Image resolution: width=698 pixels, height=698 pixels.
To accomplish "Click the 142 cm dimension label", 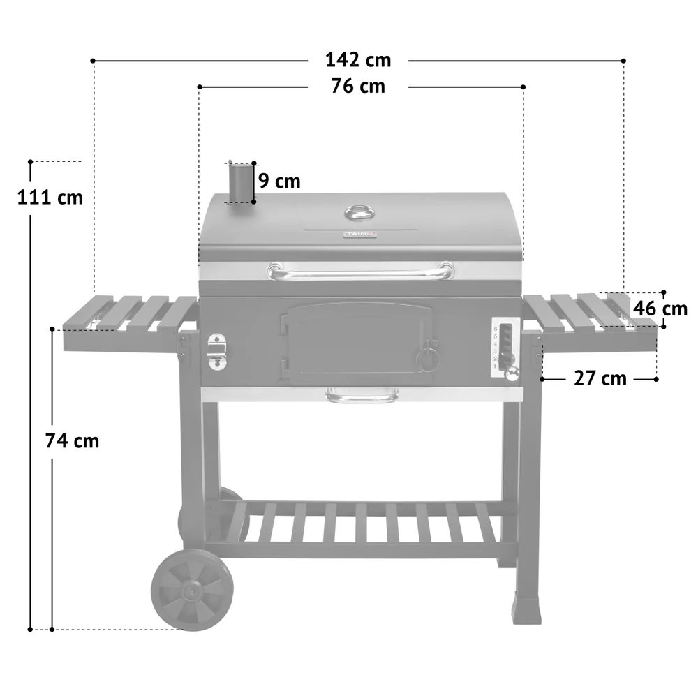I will [358, 60].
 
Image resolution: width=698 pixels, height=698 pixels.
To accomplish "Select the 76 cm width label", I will [358, 87].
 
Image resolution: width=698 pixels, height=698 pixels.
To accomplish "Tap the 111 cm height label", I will [50, 198].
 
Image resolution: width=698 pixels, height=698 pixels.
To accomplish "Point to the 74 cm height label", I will [72, 441].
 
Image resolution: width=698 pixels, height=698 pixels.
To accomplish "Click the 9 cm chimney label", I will [279, 181].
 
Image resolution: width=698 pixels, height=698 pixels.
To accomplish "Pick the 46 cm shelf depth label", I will [660, 308].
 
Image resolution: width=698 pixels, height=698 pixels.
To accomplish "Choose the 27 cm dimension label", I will [600, 378].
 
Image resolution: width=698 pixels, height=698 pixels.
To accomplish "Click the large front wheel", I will [191, 590].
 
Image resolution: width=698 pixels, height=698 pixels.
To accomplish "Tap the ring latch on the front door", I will [428, 357].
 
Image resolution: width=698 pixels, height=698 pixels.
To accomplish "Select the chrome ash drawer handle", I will [362, 398].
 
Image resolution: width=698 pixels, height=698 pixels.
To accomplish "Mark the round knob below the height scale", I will [513, 374].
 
